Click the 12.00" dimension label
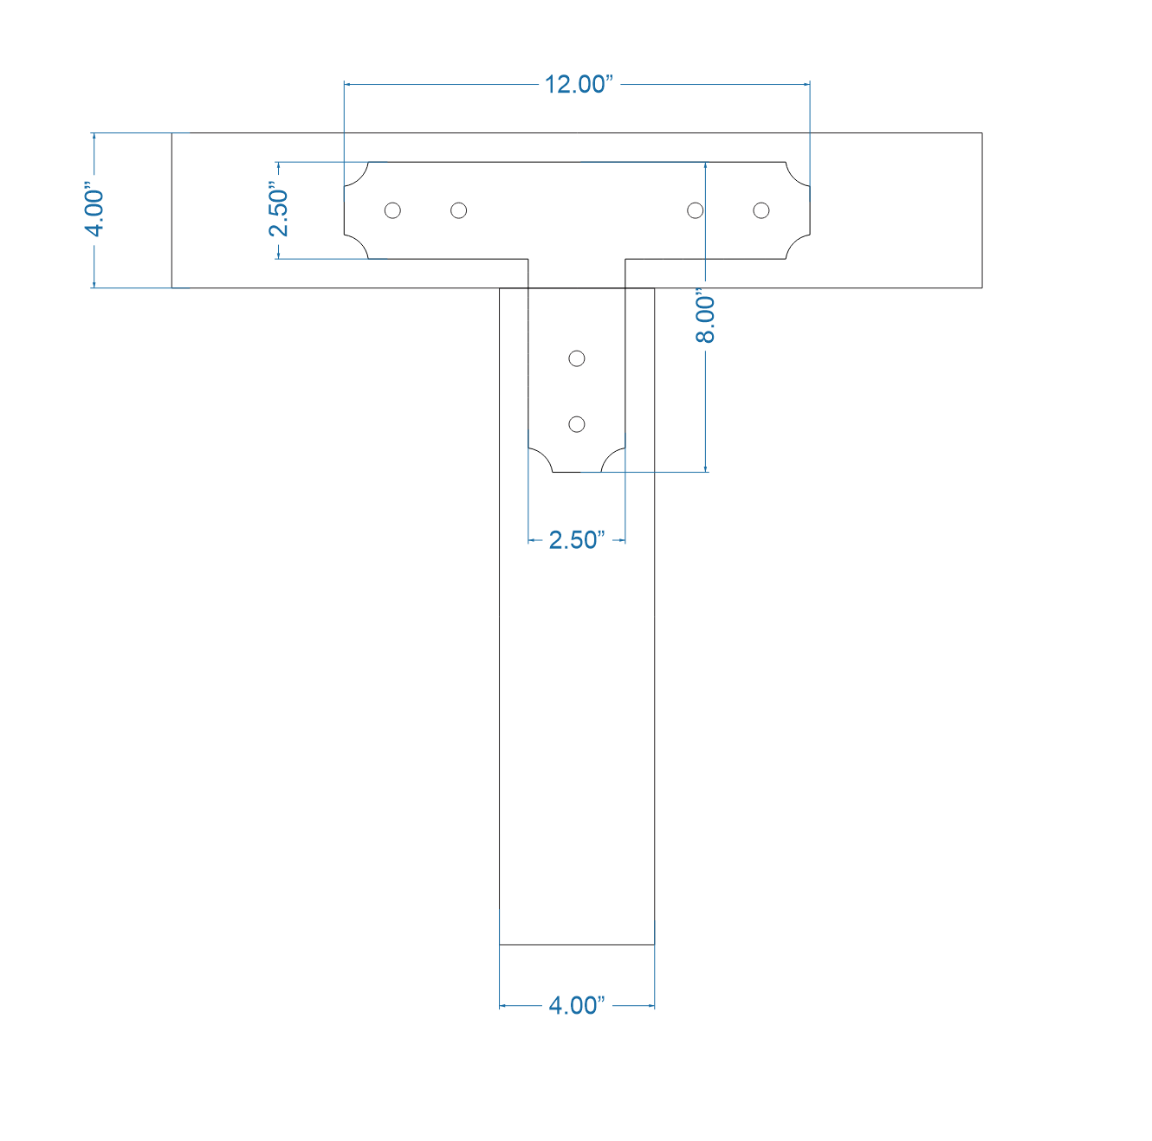pyautogui.click(x=578, y=84)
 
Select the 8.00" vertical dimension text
pyautogui.click(x=706, y=319)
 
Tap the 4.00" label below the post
pyautogui.click(x=577, y=1005)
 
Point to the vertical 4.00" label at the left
pyautogui.click(x=94, y=210)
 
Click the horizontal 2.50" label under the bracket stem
pyautogui.click(x=576, y=540)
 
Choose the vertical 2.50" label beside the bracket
pyautogui.click(x=278, y=210)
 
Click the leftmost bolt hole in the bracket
pyautogui.click(x=392, y=210)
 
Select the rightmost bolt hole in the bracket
pyautogui.click(x=761, y=210)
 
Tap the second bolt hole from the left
pyautogui.click(x=459, y=210)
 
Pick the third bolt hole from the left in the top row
pyautogui.click(x=695, y=210)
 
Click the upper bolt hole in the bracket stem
pyautogui.click(x=577, y=358)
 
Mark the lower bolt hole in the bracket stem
pyautogui.click(x=577, y=424)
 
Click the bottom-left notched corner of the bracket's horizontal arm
pyautogui.click(x=355, y=247)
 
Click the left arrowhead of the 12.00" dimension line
pyautogui.click(x=348, y=84)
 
